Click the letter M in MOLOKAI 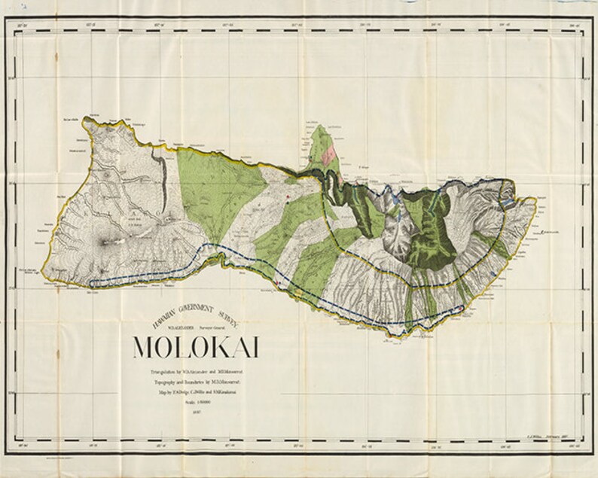(x=144, y=347)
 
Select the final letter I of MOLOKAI (x=255, y=347)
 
